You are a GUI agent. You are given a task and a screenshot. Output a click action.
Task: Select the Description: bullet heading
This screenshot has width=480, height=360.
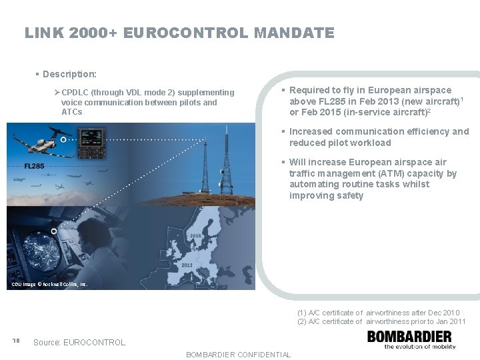[69, 73]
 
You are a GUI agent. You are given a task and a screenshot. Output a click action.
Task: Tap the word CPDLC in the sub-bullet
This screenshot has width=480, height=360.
[76, 93]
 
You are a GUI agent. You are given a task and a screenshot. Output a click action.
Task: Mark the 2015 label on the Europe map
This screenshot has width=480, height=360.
[196, 236]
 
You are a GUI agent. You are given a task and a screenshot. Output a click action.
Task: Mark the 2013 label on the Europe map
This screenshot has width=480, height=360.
[186, 265]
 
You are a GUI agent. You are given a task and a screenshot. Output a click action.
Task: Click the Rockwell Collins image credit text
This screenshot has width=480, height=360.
[49, 285]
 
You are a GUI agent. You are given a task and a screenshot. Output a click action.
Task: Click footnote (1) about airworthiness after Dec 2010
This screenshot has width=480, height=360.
[378, 313]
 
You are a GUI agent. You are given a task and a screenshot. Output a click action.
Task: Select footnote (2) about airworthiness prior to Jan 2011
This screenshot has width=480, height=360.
[381, 321]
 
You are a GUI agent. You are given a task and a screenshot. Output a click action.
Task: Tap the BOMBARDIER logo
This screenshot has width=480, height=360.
[411, 339]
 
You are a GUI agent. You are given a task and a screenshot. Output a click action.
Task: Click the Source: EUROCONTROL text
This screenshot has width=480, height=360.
[79, 343]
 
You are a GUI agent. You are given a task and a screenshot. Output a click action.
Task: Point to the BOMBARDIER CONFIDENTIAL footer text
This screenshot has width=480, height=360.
[238, 355]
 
